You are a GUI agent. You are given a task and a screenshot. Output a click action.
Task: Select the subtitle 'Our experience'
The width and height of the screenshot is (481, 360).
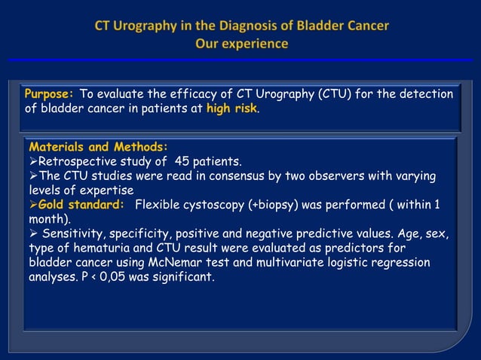point(241,44)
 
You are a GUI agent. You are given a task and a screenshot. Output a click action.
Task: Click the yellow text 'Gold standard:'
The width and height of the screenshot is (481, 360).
point(81,205)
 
